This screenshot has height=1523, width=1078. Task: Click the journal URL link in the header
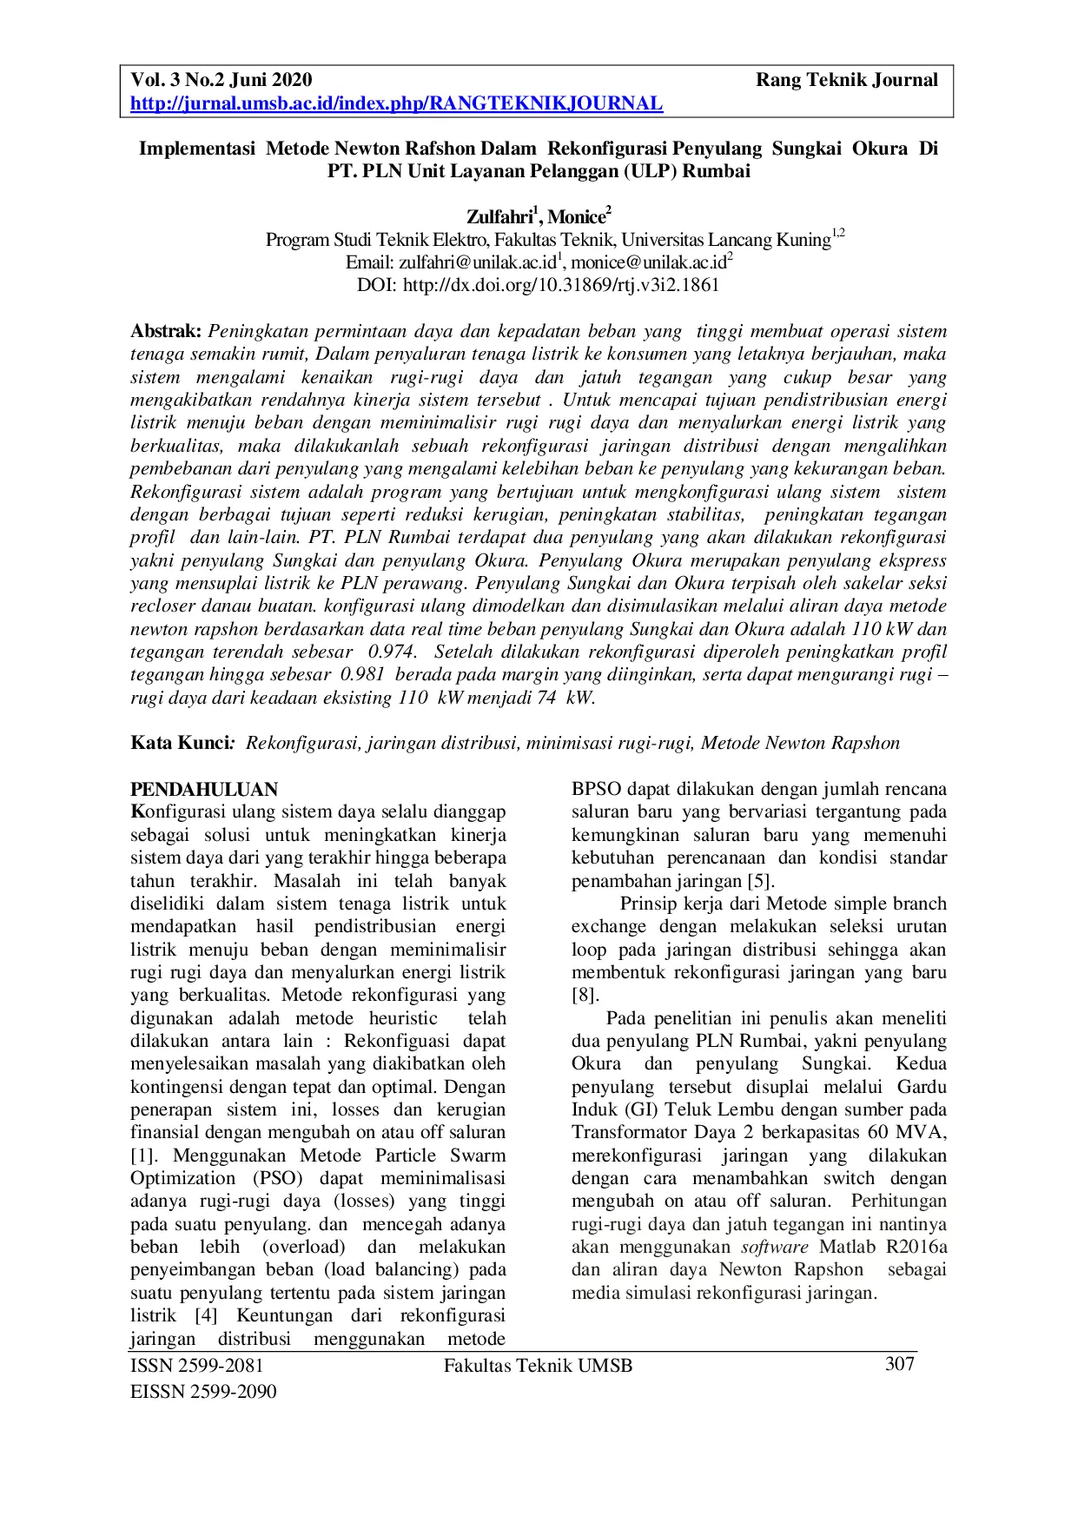[x=396, y=104]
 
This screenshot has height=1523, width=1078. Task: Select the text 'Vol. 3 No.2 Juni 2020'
[x=221, y=81]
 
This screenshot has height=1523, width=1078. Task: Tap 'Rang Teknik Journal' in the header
[x=846, y=81]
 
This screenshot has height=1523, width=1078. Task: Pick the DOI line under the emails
[x=539, y=284]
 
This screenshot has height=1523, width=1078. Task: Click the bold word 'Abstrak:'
[x=166, y=332]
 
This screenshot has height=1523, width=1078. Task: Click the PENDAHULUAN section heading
[x=203, y=790]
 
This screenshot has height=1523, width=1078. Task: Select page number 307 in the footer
[x=899, y=1363]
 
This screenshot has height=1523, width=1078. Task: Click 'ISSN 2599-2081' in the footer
[x=196, y=1366]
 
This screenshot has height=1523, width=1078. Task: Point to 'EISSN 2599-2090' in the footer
[x=202, y=1392]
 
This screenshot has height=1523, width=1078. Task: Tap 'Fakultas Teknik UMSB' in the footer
[x=538, y=1366]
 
